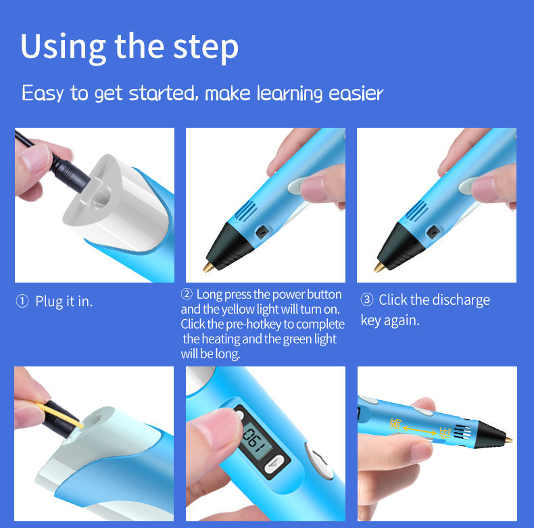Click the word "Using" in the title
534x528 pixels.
pos(63,48)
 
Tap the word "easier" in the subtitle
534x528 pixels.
pos(356,93)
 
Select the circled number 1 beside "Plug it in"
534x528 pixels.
pos(22,301)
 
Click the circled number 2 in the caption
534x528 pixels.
pos(187,293)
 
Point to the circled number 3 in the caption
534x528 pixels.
pos(367,299)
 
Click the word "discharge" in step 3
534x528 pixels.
pos(457,300)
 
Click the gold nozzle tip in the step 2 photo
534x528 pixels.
pos(208,267)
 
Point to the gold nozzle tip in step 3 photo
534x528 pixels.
pos(379,267)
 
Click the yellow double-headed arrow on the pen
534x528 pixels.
pos(420,430)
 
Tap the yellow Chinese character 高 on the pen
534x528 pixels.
pos(395,424)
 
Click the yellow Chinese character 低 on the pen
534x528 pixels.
pos(444,432)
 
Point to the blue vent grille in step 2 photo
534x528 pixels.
pos(245,210)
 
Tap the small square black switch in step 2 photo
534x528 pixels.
pos(262,232)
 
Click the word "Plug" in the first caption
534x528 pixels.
pos(49,302)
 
